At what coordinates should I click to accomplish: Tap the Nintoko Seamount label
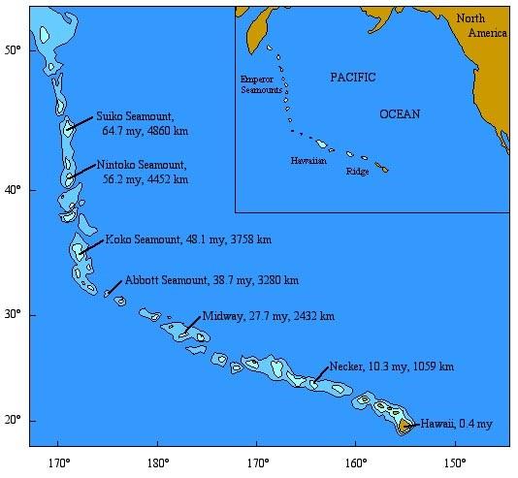(x=143, y=166)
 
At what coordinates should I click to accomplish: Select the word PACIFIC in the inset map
(x=351, y=77)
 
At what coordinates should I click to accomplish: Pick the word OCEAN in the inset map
(x=400, y=114)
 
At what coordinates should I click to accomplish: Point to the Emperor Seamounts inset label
(x=262, y=83)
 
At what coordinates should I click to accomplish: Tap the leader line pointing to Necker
(x=319, y=376)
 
